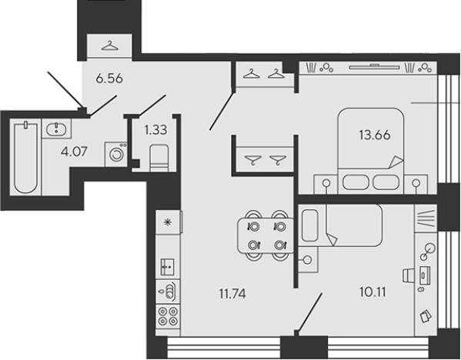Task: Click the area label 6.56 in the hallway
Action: click(109, 78)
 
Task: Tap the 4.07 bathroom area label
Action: click(74, 152)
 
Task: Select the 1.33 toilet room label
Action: click(155, 129)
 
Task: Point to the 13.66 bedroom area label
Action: click(375, 135)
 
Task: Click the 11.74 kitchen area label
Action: click(232, 294)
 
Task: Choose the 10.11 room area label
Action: click(372, 292)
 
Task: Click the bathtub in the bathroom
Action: click(26, 158)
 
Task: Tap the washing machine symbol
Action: click(116, 155)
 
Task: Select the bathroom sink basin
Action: click(56, 128)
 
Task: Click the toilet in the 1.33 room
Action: click(159, 158)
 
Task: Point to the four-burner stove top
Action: click(168, 316)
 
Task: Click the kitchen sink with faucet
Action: click(168, 292)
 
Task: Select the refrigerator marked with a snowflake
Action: click(168, 222)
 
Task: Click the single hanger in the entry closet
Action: click(109, 46)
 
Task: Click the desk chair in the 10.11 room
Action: click(409, 275)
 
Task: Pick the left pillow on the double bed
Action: click(356, 182)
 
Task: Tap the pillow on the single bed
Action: click(310, 225)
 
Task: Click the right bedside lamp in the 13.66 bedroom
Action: click(416, 183)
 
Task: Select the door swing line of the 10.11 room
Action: click(309, 312)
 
